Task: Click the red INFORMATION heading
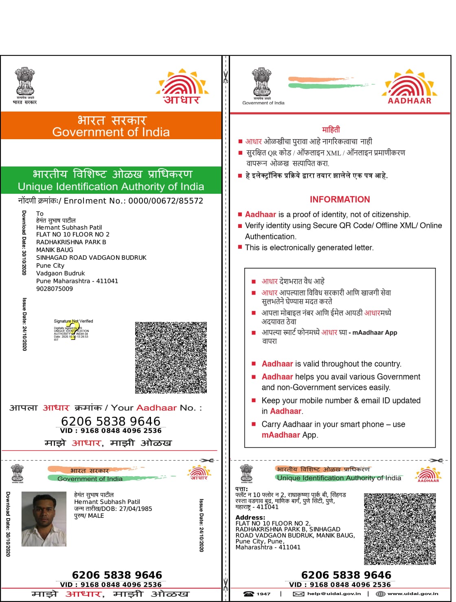tap(340, 199)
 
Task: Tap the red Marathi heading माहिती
tap(331, 129)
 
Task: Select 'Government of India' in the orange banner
tap(111, 132)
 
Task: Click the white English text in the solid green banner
tap(111, 187)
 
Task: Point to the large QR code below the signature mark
tap(171, 357)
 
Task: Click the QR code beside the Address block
tap(399, 529)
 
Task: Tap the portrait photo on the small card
tap(44, 519)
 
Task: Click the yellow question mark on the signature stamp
tap(72, 331)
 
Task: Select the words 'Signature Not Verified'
tap(73, 321)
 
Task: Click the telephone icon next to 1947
tap(248, 594)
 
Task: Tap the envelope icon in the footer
tap(298, 594)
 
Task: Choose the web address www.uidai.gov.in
tap(413, 594)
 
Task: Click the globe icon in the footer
tap(380, 594)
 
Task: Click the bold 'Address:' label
tap(250, 517)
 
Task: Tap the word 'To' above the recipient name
tap(39, 214)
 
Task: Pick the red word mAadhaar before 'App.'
tap(281, 435)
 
